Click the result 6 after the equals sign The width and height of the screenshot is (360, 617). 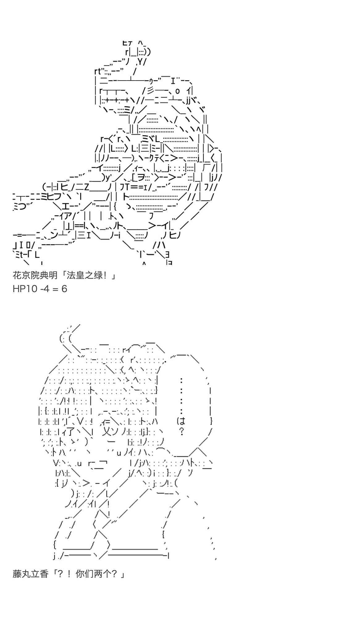pos(64,289)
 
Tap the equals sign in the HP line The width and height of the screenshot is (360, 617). pos(56,289)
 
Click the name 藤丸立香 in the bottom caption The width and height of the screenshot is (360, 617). pos(31,574)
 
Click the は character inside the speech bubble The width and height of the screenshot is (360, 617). pos(181,421)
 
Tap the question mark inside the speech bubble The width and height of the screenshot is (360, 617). pos(182,431)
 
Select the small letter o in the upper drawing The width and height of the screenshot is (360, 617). pos(177,91)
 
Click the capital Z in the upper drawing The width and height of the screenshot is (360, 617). pos(86,187)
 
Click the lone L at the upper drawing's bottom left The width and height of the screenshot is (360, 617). pos(37,255)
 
